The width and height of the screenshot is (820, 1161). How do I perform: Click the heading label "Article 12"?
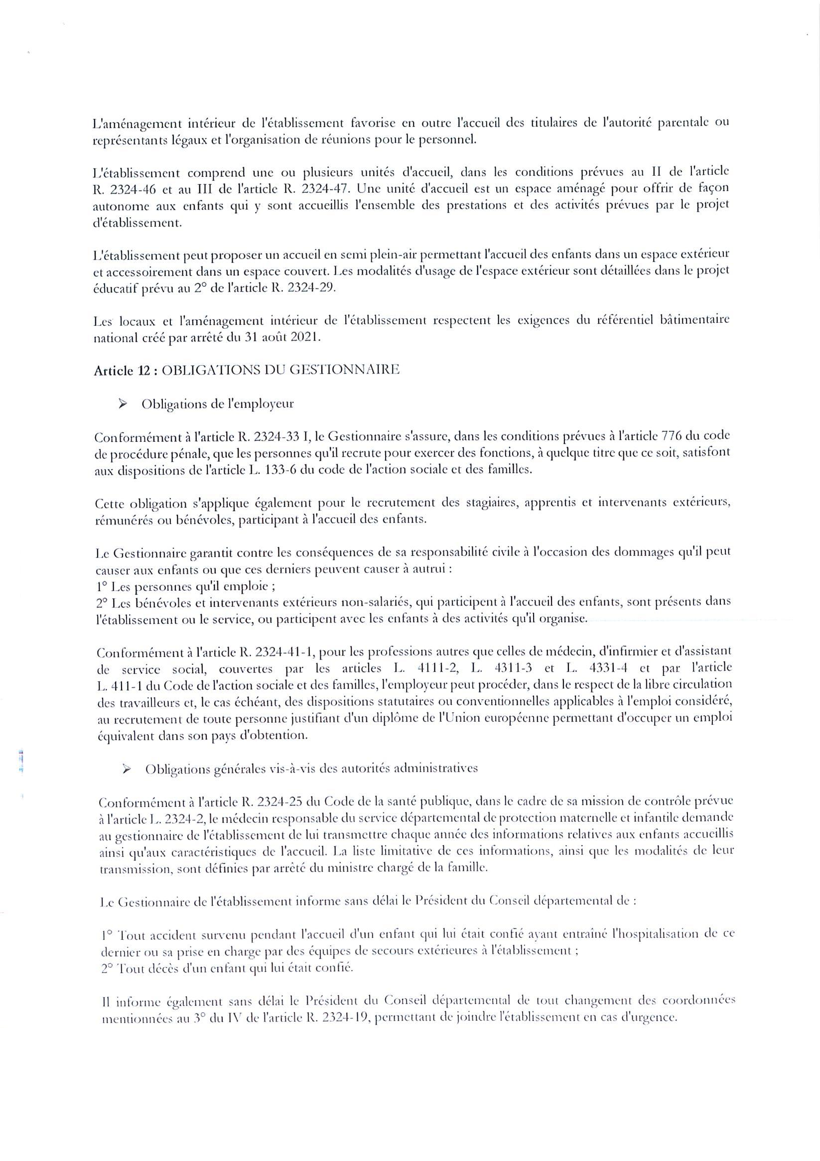point(122,371)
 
